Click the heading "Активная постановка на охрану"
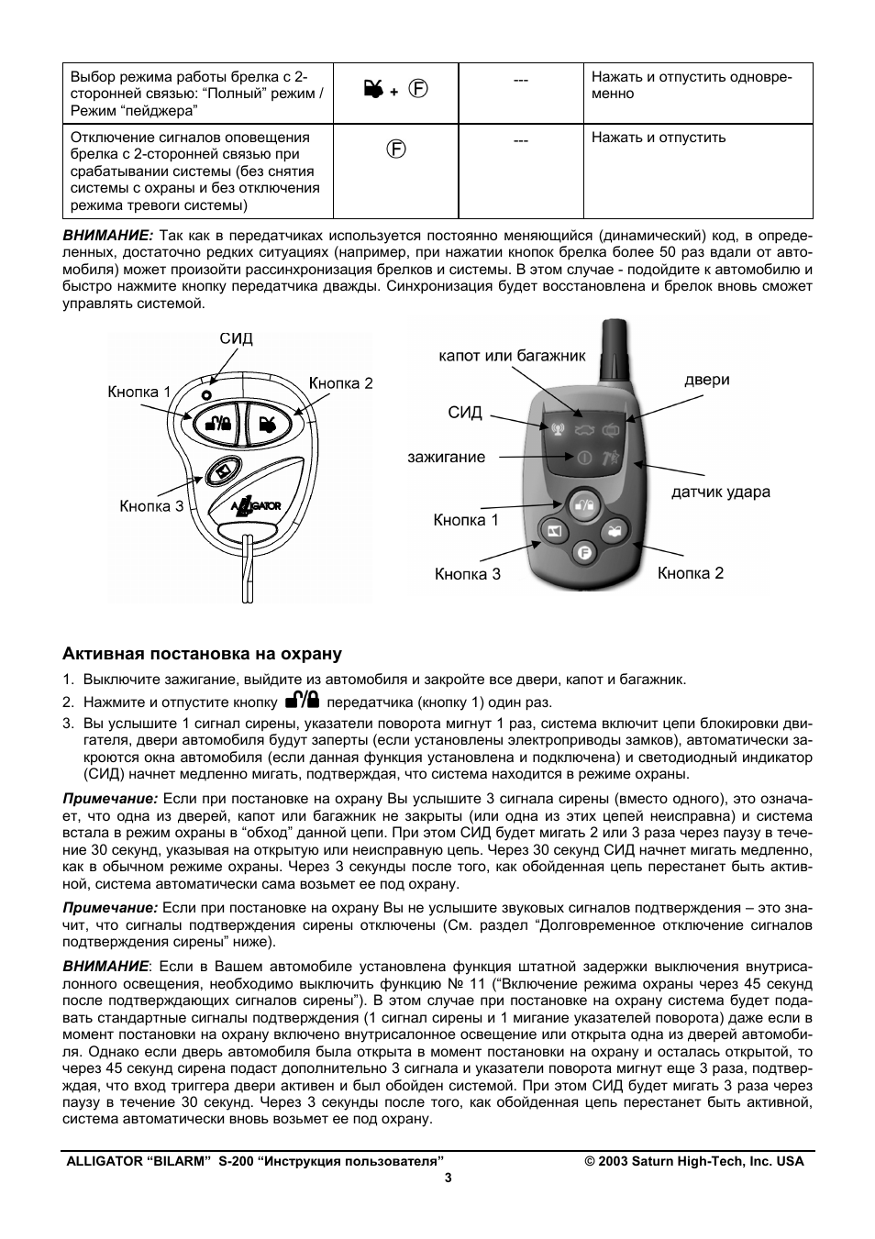[x=202, y=654]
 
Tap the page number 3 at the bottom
[x=449, y=1178]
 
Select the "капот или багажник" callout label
[x=512, y=355]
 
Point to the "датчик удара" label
[x=720, y=492]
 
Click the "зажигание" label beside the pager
[x=446, y=457]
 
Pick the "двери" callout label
[x=706, y=380]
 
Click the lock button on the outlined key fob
[x=218, y=423]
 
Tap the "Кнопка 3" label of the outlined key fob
[x=151, y=506]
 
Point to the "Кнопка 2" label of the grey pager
[x=690, y=573]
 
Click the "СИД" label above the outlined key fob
[x=236, y=338]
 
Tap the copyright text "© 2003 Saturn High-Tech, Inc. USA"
[x=694, y=1161]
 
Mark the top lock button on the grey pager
[x=584, y=503]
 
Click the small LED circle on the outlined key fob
[x=207, y=393]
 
